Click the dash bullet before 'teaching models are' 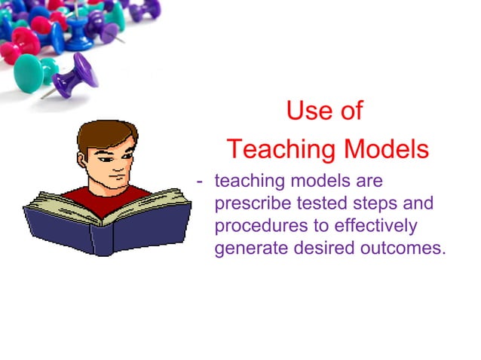click(x=200, y=182)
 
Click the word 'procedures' click(x=256, y=226)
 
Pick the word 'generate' click(x=247, y=249)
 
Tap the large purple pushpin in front click(x=75, y=75)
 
